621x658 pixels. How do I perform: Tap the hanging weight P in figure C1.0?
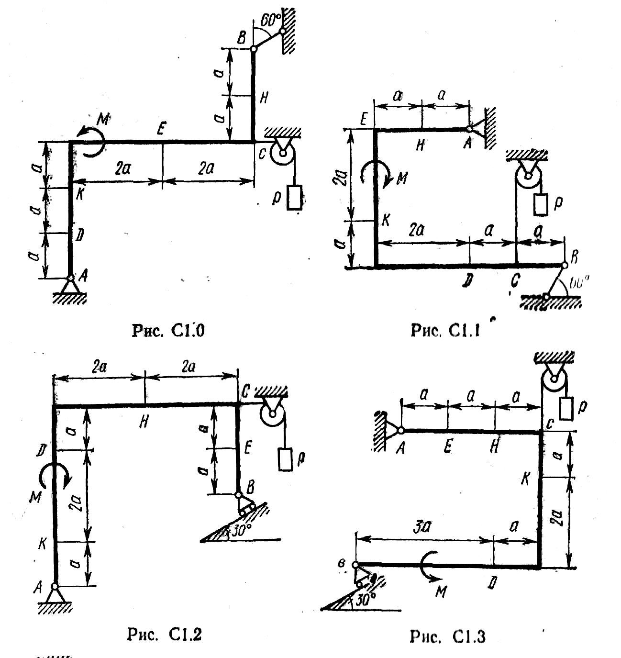(x=294, y=197)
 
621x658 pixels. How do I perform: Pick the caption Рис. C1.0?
(x=168, y=331)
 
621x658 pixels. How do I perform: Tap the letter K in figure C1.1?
(x=386, y=221)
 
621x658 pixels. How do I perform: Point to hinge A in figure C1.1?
(x=469, y=129)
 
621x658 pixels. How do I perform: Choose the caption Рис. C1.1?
(x=445, y=331)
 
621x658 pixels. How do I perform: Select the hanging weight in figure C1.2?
(x=285, y=459)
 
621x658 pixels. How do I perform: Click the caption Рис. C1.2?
(x=164, y=635)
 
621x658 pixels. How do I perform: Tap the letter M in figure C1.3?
(x=441, y=591)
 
